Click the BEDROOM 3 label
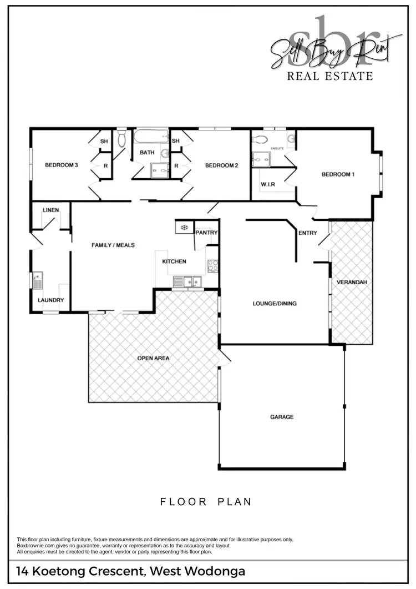pyautogui.click(x=61, y=165)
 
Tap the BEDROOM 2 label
pyautogui.click(x=221, y=165)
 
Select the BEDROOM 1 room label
pyautogui.click(x=338, y=174)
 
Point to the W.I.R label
pyautogui.click(x=268, y=184)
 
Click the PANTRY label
pyautogui.click(x=206, y=233)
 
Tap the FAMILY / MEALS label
pyautogui.click(x=113, y=245)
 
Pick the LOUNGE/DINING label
pyautogui.click(x=275, y=304)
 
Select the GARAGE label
pyautogui.click(x=282, y=417)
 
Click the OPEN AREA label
pyautogui.click(x=153, y=358)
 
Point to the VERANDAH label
pyautogui.click(x=352, y=283)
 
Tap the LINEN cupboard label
pyautogui.click(x=50, y=210)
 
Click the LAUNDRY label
pyautogui.click(x=51, y=300)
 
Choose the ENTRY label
pyautogui.click(x=308, y=233)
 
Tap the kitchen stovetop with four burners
pyautogui.click(x=212, y=266)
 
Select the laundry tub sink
pyautogui.click(x=38, y=280)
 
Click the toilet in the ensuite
pyautogui.click(x=261, y=139)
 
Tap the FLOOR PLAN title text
pyautogui.click(x=206, y=502)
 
